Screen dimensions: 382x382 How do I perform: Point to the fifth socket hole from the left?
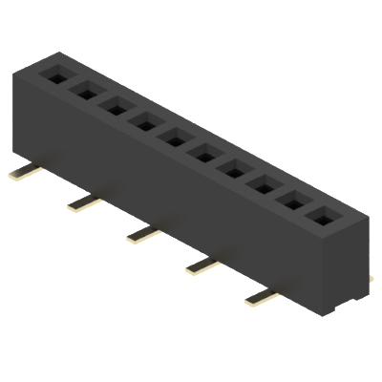174,138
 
